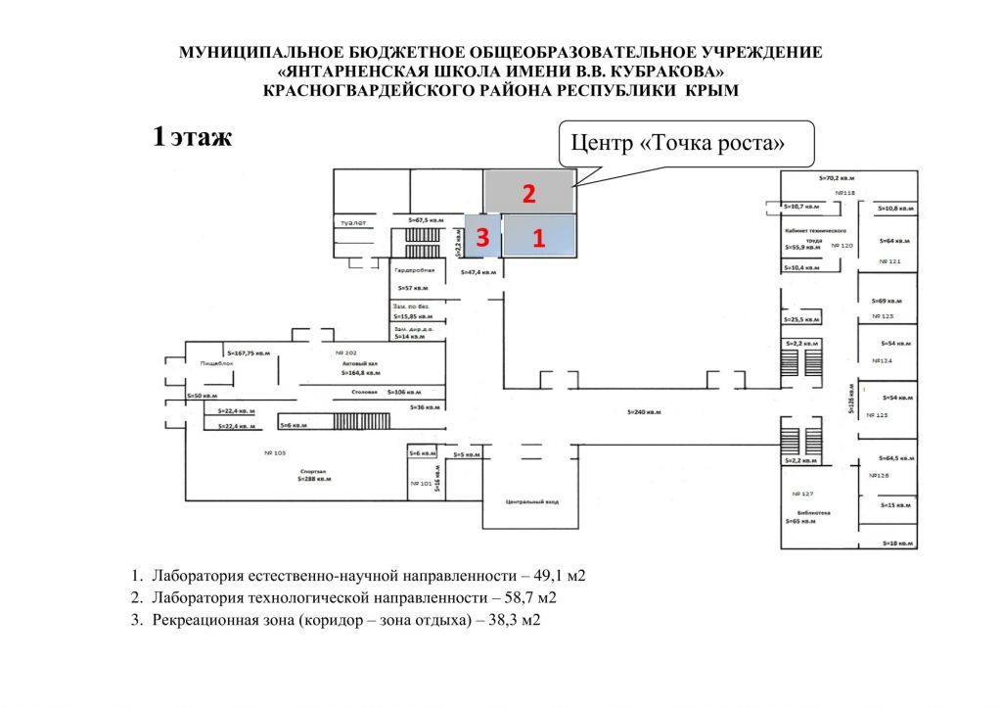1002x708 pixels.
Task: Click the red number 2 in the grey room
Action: pyautogui.click(x=528, y=194)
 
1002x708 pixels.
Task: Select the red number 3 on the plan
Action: pyautogui.click(x=482, y=237)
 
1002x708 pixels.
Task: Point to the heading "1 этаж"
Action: pyautogui.click(x=192, y=136)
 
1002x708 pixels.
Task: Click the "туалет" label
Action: pyautogui.click(x=353, y=223)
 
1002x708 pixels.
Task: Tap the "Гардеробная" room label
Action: pyautogui.click(x=414, y=269)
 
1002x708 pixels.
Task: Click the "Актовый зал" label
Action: pyautogui.click(x=359, y=362)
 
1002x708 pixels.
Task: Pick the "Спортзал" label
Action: pyautogui.click(x=313, y=470)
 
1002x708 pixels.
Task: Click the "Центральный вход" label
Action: pyautogui.click(x=531, y=501)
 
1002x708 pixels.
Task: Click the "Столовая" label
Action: pyautogui.click(x=365, y=392)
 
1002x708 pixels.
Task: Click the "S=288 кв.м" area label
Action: pyautogui.click(x=315, y=480)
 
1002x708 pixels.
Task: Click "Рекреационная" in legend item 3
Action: pyautogui.click(x=203, y=620)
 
